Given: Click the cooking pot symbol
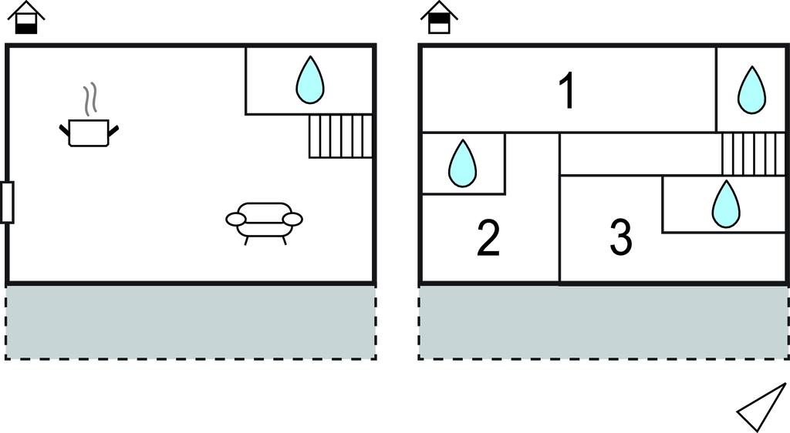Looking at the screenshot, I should click(89, 133).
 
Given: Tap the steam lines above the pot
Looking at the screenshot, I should click(91, 98).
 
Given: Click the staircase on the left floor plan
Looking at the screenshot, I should click(340, 136).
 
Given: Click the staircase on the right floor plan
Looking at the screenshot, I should click(752, 153).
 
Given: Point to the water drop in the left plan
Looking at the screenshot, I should click(310, 80).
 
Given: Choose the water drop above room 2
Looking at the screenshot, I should click(462, 163).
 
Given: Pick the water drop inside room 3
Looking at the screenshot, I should click(725, 204).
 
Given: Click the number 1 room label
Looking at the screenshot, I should click(567, 91).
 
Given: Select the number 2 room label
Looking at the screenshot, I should click(488, 238).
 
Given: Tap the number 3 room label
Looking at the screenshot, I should click(621, 238).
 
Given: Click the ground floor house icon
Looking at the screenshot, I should click(28, 18).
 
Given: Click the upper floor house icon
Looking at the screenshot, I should click(439, 18).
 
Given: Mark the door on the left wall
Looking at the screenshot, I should click(7, 202).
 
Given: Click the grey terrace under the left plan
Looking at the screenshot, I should click(191, 322).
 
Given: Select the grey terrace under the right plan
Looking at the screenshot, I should click(603, 322).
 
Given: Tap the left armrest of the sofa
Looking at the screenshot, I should click(235, 220).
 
